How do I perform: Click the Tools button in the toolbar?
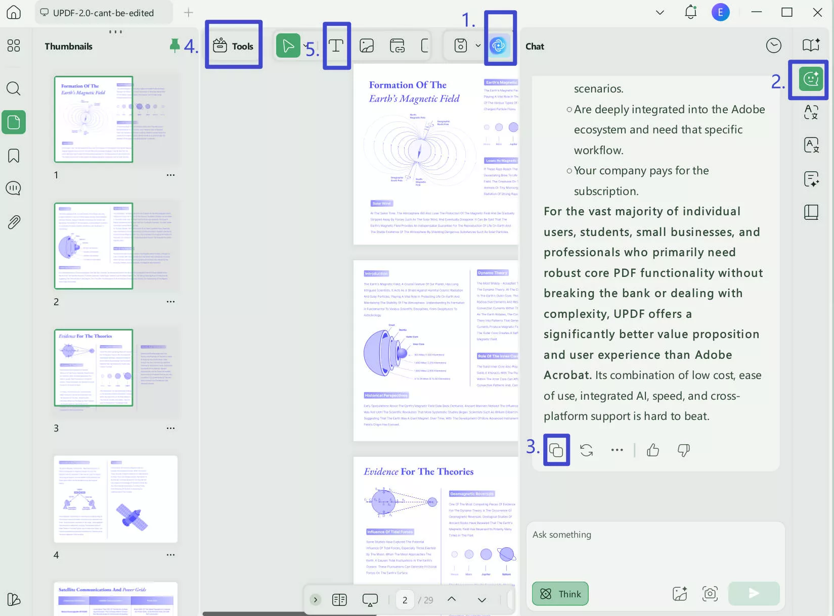tap(233, 46)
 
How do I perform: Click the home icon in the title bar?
tap(14, 12)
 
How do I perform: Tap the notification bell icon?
tap(690, 12)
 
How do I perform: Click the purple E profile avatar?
tap(720, 12)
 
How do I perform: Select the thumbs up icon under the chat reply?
tap(653, 450)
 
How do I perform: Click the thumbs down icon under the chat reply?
tap(683, 450)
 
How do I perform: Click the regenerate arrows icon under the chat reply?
tap(586, 450)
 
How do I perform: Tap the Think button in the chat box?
tap(560, 594)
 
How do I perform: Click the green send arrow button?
tap(754, 593)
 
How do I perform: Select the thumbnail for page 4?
tap(116, 499)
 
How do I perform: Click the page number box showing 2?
tap(405, 600)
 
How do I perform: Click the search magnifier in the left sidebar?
tap(14, 89)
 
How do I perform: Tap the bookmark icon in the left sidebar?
tap(14, 156)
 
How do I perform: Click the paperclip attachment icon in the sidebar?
tap(14, 222)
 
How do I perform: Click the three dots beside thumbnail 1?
tap(170, 175)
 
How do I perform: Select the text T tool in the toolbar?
tap(336, 46)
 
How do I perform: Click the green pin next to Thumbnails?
tap(174, 45)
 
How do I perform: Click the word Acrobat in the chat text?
tap(566, 375)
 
